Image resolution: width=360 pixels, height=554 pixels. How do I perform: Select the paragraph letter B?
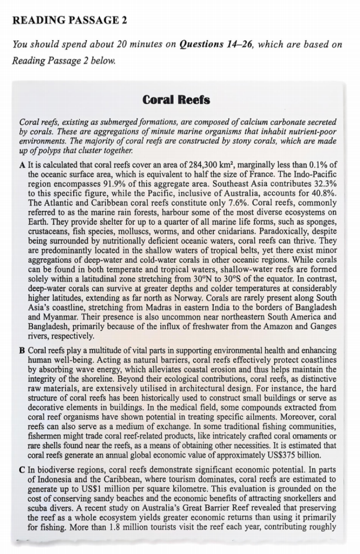22,351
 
